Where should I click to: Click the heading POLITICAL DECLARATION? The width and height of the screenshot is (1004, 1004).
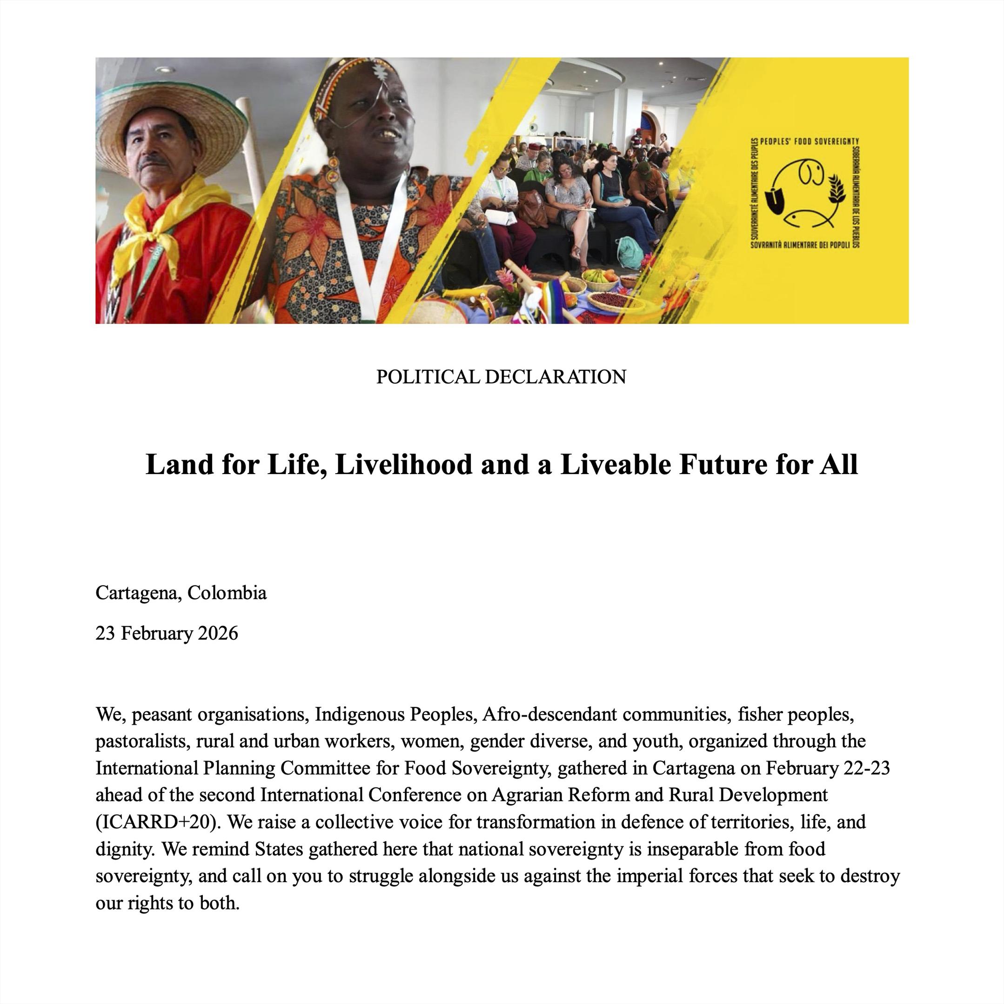[501, 377]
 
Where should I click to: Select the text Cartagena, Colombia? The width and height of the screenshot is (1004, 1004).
[181, 593]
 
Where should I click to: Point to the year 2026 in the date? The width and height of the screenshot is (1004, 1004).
[218, 634]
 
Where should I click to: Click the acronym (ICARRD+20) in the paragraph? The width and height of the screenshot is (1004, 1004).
[159, 822]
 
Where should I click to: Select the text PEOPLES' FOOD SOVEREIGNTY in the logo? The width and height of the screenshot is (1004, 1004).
[809, 141]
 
